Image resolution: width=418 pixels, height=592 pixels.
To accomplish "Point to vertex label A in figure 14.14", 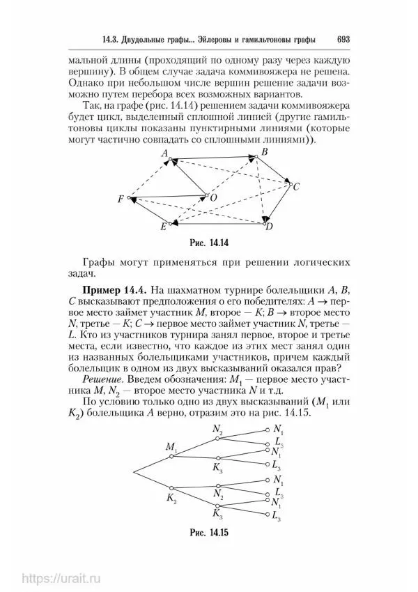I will pyautogui.click(x=165, y=152).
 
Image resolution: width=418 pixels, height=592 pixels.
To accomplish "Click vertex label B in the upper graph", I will pyautogui.click(x=263, y=152).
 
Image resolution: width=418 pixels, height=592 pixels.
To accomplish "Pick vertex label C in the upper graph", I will pyautogui.click(x=296, y=187).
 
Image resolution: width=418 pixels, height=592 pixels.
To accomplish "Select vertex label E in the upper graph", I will pyautogui.click(x=163, y=227).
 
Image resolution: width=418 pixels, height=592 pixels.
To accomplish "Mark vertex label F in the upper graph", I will pyautogui.click(x=121, y=199).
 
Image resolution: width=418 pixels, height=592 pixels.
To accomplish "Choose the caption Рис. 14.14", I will pyautogui.click(x=210, y=244).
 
